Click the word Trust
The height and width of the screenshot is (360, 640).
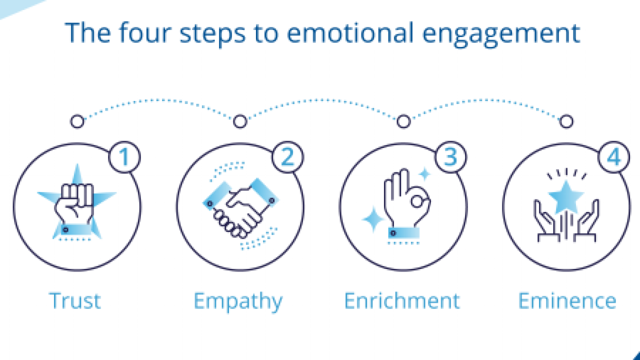[x=75, y=301]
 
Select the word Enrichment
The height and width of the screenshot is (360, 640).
[x=402, y=301]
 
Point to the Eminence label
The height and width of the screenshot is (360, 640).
[x=567, y=301]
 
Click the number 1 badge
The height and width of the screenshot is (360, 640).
[x=124, y=158]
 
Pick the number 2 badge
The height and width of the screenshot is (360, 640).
[x=287, y=158]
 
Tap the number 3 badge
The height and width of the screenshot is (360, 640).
[x=450, y=158]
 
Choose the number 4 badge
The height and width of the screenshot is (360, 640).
[x=614, y=158]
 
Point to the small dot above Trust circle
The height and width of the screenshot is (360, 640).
[x=76, y=121]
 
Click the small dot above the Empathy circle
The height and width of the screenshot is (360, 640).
[x=240, y=121]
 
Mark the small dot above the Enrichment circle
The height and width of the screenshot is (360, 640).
[x=403, y=121]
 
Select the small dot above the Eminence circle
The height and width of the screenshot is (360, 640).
[x=566, y=121]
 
